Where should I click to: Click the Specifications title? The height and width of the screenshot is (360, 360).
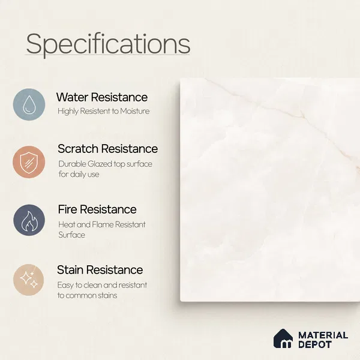(x=108, y=44)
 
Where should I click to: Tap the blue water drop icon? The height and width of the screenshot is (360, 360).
(x=29, y=104)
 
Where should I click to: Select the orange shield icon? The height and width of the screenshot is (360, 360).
(x=29, y=162)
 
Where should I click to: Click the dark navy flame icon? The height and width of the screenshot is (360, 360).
(x=29, y=220)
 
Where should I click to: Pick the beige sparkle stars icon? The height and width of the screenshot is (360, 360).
(x=28, y=280)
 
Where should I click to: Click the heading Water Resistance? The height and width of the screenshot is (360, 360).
(x=102, y=97)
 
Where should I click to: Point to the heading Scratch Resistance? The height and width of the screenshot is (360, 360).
(x=107, y=149)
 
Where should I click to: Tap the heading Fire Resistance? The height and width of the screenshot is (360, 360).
(x=97, y=209)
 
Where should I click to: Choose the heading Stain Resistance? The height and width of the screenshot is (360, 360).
(x=100, y=270)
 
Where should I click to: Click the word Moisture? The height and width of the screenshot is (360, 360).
(x=135, y=111)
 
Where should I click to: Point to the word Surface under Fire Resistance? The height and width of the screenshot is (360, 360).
(x=71, y=235)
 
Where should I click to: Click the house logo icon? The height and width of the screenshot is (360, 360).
(x=283, y=338)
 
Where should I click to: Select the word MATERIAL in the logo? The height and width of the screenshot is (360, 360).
(x=323, y=335)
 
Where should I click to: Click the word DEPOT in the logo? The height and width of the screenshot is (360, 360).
(x=315, y=344)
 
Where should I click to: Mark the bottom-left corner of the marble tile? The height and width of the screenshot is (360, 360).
(x=181, y=301)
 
